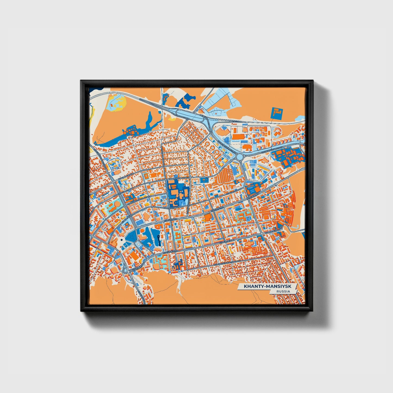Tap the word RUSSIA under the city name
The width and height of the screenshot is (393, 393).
(283, 291)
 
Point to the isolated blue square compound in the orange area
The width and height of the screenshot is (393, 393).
(277, 113)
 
